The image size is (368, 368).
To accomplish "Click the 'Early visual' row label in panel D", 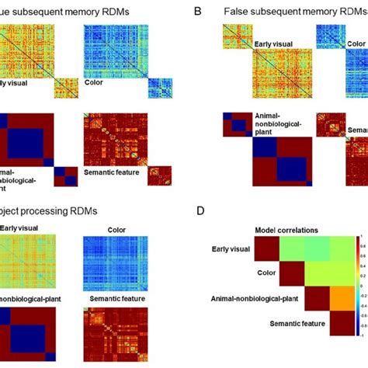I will click(235, 248).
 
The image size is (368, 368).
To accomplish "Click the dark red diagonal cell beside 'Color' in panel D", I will click(293, 273).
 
